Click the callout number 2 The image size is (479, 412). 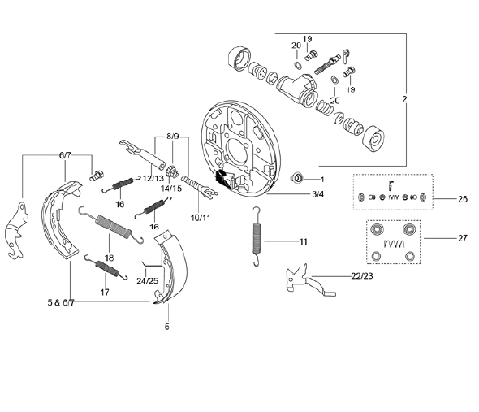tap(404, 99)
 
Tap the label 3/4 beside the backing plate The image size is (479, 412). tap(317, 194)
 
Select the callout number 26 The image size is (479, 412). tap(463, 199)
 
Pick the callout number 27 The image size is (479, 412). tap(463, 238)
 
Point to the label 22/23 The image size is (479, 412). tap(362, 276)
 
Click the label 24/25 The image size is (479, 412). tap(147, 281)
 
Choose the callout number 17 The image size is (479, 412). tap(105, 293)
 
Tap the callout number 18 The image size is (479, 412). tap(109, 258)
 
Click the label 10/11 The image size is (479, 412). tap(201, 218)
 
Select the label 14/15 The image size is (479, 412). tap(171, 189)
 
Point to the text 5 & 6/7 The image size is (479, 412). tap(61, 303)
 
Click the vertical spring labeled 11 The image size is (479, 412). tap(257, 236)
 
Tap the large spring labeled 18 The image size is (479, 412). tap(111, 225)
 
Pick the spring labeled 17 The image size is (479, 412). tap(106, 267)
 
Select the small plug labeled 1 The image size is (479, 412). tap(297, 178)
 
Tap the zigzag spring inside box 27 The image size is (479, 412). tap(394, 244)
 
